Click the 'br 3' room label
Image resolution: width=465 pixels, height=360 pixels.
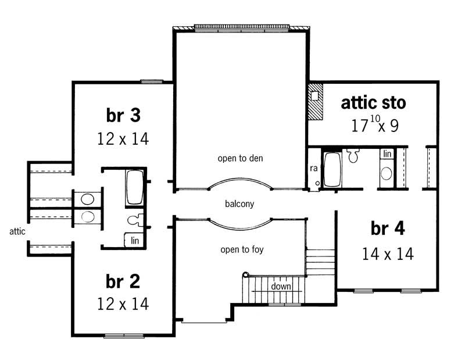(123, 115)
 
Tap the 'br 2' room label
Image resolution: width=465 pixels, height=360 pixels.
(123, 281)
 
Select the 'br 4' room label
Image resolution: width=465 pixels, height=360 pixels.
(388, 229)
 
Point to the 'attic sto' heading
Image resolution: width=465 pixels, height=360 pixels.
(373, 103)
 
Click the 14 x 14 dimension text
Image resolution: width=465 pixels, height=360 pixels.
(388, 254)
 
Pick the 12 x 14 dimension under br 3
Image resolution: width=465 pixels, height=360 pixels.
(123, 139)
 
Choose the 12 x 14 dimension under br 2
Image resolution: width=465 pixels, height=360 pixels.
(123, 304)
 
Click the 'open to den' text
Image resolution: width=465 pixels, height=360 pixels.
(240, 158)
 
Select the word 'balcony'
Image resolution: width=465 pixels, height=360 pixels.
(240, 204)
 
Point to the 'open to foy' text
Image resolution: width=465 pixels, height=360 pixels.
(240, 250)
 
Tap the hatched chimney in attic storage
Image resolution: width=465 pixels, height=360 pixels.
(315, 101)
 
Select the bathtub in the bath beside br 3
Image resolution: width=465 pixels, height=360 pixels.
(135, 188)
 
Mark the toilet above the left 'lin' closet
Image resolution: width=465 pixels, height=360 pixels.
(133, 220)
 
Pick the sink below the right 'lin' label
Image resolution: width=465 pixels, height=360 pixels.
(386, 173)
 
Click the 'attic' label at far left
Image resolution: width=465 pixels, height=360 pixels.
(17, 231)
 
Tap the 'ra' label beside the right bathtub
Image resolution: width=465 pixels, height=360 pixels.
(313, 169)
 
